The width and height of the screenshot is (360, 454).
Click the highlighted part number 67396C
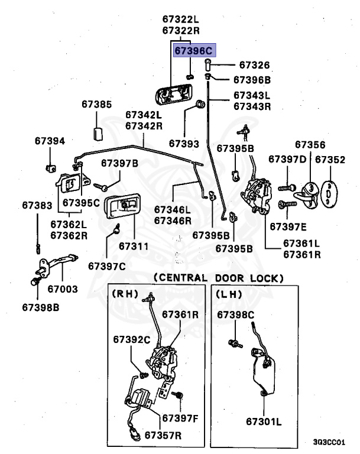coord(194,51)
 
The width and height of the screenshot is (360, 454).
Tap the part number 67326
coord(254,65)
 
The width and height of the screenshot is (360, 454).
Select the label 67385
coord(96,104)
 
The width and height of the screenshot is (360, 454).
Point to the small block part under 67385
coord(98,134)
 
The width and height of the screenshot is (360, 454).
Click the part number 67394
coord(50,141)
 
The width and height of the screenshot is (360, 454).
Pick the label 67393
coord(184,144)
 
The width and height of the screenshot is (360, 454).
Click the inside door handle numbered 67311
coord(122,206)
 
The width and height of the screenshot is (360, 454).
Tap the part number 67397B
coord(119,163)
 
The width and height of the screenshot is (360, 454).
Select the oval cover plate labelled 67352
coord(329,194)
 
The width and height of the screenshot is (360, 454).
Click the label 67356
coord(310,144)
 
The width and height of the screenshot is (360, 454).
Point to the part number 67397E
coord(288,227)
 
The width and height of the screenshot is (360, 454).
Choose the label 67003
coord(63,288)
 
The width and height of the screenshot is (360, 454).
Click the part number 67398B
coord(41,307)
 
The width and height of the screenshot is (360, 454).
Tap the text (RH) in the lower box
coord(125,294)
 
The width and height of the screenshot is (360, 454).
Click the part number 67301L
coord(264,421)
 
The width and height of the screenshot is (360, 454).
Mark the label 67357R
coord(163,435)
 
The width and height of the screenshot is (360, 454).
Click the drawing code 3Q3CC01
coord(329,442)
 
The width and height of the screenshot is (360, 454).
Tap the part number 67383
coord(37,205)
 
